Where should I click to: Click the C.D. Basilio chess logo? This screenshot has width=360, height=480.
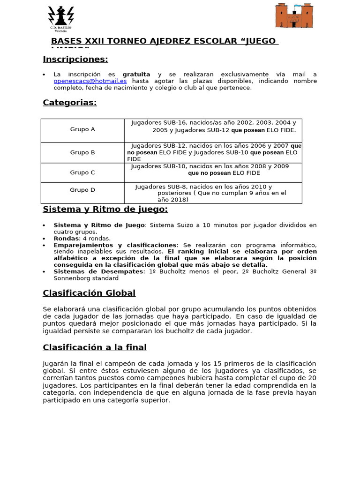61,18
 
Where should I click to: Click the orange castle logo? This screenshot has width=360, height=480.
294,16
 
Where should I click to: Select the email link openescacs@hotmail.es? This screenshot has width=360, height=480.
90,81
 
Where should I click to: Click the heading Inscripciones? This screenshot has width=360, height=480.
75,59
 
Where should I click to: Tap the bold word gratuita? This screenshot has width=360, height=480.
136,75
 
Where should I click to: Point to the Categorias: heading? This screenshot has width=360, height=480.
70,103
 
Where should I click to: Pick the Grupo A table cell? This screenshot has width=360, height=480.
82,129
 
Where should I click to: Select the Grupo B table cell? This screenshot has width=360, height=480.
82,152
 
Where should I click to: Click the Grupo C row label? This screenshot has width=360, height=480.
82,172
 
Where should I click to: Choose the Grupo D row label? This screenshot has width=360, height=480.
82,190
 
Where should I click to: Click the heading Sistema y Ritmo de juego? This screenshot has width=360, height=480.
105,209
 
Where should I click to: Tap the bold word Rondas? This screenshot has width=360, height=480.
67,238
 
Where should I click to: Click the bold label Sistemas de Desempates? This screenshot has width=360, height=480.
98,271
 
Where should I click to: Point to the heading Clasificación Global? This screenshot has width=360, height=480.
89,293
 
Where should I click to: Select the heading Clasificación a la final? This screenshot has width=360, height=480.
95,347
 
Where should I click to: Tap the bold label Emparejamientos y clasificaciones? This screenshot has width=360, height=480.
115,245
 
